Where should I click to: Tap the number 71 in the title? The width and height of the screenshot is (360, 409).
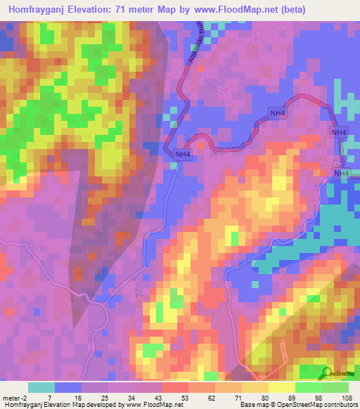coord(140,8)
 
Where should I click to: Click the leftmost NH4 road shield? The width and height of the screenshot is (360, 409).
coord(183,155)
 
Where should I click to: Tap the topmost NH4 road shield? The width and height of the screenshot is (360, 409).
coord(278,113)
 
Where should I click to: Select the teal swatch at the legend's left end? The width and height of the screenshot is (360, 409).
coord(41,387)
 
